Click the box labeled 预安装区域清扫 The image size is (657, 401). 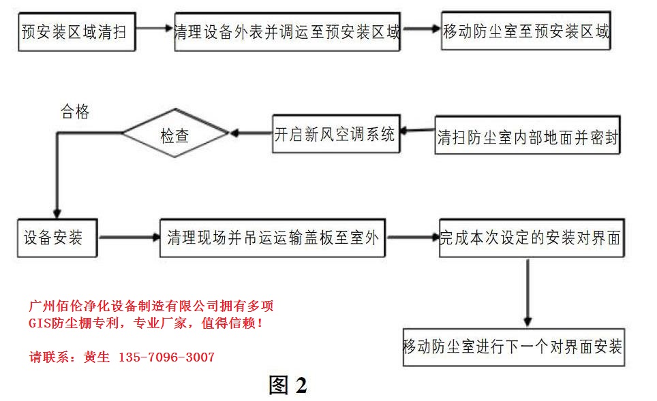(x=74, y=31)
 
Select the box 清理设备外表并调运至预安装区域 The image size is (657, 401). (x=287, y=31)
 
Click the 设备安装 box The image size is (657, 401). (x=57, y=238)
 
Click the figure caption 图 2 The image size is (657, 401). (x=288, y=385)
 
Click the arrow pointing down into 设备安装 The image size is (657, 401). (x=57, y=197)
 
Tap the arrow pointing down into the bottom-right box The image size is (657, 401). (x=528, y=293)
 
